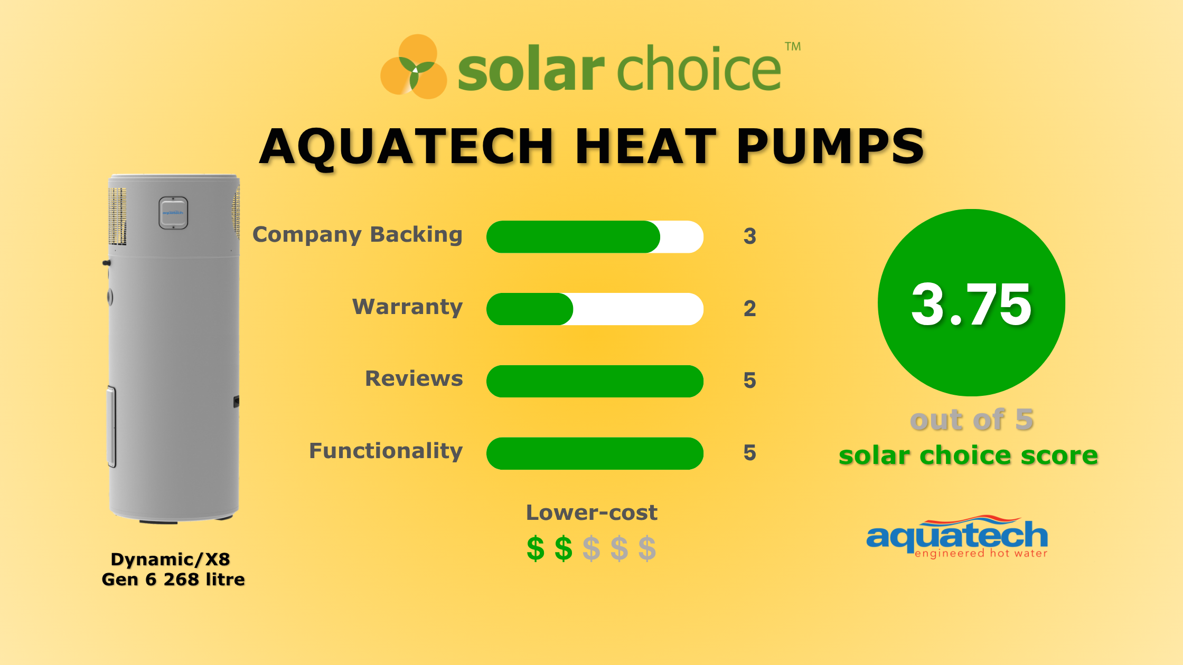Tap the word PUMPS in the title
point(830,147)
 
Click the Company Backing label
point(358,235)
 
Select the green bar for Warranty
point(530,309)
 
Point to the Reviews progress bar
point(595,381)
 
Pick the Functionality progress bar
point(595,453)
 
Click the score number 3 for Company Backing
point(749,236)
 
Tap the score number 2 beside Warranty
point(749,309)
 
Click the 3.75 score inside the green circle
point(971,305)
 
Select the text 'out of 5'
point(972,420)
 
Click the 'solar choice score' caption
point(968,455)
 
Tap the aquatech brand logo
point(957,537)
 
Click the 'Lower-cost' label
point(591,512)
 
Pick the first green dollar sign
point(536,549)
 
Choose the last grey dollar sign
point(647,549)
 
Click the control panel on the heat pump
point(173,213)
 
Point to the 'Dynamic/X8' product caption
point(171,559)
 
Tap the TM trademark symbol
point(792,47)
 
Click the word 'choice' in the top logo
point(699,69)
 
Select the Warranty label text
point(407,307)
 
